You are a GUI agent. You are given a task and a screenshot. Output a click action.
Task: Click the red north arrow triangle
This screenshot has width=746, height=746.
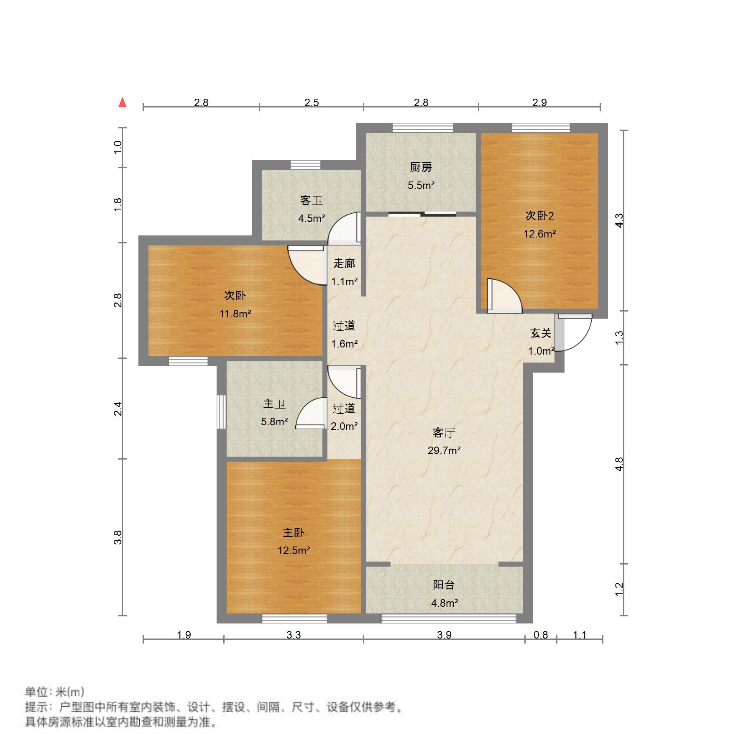click(123, 102)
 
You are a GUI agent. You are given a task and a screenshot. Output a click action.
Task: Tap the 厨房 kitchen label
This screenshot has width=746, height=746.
click(421, 167)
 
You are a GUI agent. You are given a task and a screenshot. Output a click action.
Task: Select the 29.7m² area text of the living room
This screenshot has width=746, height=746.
click(444, 450)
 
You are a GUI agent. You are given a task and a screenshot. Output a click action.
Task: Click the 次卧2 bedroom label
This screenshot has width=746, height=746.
click(539, 216)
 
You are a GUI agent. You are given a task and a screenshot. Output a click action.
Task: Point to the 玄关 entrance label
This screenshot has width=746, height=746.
click(540, 333)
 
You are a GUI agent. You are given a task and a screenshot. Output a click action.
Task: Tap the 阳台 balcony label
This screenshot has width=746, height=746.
click(444, 585)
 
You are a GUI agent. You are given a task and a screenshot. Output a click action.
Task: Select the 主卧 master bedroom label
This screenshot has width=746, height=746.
click(294, 532)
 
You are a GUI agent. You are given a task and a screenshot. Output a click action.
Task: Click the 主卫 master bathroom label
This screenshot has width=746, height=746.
click(274, 404)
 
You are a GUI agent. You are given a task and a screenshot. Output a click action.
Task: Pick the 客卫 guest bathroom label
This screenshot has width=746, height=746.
click(312, 200)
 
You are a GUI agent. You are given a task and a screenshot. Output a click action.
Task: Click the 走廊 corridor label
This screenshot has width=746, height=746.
click(344, 263)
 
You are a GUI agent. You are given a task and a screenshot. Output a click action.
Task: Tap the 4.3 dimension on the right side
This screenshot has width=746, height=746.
click(619, 220)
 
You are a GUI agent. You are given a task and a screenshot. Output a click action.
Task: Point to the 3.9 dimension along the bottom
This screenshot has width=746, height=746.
click(444, 635)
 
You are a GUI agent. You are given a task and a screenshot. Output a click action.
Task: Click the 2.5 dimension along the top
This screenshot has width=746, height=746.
click(312, 102)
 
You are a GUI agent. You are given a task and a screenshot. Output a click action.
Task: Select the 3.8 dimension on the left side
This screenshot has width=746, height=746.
click(118, 537)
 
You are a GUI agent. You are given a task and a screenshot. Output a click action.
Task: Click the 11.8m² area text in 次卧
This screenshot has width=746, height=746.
click(235, 314)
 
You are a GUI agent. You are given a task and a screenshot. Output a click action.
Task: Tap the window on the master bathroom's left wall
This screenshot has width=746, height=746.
click(221, 412)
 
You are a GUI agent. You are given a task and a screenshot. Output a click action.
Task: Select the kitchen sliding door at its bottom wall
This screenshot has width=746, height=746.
click(422, 215)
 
